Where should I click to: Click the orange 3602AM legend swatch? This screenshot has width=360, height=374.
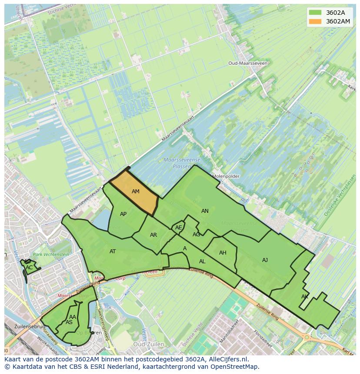tap(315, 21)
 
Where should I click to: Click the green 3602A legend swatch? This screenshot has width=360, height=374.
tap(315, 12)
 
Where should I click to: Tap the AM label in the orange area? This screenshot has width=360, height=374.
tap(136, 192)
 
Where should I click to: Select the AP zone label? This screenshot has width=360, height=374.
tap(123, 214)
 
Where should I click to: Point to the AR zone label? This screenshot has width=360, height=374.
tap(153, 235)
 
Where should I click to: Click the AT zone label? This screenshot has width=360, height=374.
tap(113, 252)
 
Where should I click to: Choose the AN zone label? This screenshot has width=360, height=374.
tap(205, 211)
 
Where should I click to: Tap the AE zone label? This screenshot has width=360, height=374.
tap(179, 228)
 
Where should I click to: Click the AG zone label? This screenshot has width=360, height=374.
tap(197, 235)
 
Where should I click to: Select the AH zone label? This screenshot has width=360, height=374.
tap(223, 253)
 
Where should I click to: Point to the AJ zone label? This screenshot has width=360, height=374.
tap(265, 260)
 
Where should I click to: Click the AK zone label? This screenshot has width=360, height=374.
tap(305, 297)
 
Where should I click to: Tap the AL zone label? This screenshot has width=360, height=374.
tap(202, 261)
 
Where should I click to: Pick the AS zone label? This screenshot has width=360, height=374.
tap(69, 322)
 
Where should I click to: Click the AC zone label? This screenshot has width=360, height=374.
tap(29, 268)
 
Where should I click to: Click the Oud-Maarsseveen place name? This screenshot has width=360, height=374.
tap(248, 63)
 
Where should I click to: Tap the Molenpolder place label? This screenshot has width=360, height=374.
tap(226, 176)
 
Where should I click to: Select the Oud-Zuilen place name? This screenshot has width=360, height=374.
tap(149, 344)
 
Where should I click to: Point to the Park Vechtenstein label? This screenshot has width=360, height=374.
tap(51, 255)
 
